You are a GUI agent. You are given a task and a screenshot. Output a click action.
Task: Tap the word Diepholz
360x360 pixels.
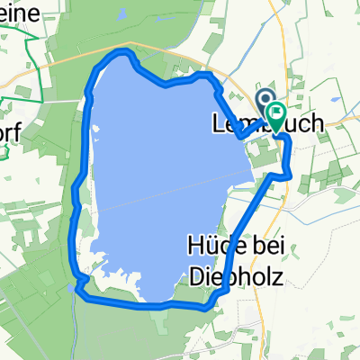coord(231,277)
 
